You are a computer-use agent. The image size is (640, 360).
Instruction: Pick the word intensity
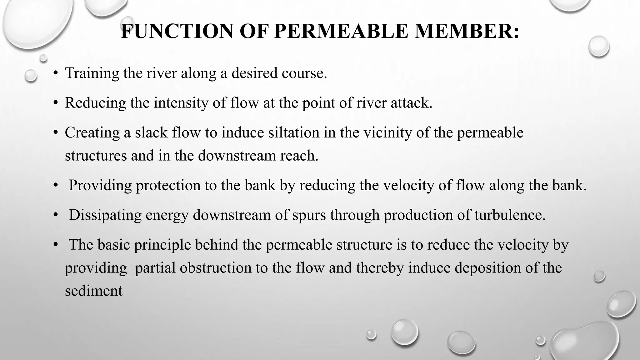(181, 103)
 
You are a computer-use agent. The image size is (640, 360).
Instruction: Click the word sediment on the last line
(93, 291)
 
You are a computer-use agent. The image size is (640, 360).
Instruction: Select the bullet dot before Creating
(55, 133)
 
